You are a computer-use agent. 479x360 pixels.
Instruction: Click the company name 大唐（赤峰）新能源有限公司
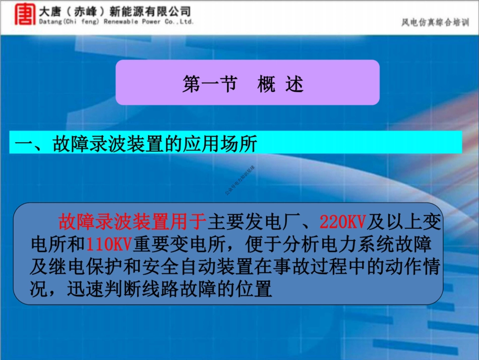pos(115,10)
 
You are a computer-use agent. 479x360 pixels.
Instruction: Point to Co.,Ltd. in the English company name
pos(179,22)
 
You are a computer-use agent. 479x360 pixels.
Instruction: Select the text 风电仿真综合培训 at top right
pos(435,22)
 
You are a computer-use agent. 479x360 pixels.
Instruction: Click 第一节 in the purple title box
pos(209,84)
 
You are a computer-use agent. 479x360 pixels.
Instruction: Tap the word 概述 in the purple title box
pos(280,84)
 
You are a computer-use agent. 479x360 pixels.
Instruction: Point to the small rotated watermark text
pos(240,181)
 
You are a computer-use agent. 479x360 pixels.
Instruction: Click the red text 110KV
pos(108,244)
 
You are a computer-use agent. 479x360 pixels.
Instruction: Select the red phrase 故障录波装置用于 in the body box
pos(133,220)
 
